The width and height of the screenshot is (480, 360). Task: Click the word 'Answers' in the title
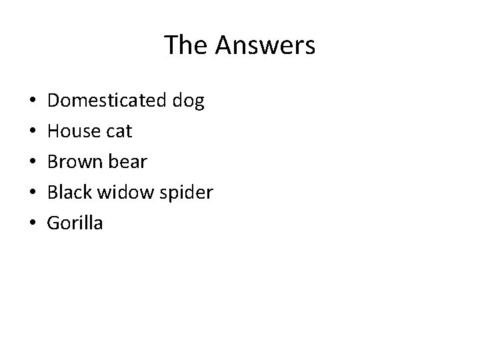(x=265, y=45)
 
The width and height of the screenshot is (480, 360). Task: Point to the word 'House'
(x=74, y=132)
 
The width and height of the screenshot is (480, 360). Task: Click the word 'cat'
(x=119, y=132)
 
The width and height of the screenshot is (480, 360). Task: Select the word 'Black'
(x=71, y=193)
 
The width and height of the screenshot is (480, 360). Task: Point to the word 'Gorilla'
(x=75, y=223)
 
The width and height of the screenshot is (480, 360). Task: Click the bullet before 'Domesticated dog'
(x=33, y=102)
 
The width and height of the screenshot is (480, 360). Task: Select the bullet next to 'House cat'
(x=33, y=133)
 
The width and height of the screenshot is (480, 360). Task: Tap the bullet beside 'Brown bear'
(x=33, y=163)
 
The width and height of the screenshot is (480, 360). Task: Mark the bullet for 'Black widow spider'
(x=33, y=193)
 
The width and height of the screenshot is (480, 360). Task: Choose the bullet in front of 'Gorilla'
(x=33, y=224)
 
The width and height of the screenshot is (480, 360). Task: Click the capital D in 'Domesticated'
(x=55, y=101)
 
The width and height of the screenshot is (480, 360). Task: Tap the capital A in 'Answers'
(x=225, y=45)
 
